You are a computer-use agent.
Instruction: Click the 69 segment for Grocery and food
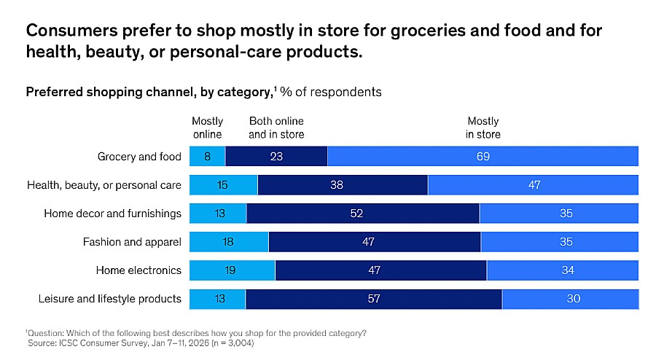(x=483, y=157)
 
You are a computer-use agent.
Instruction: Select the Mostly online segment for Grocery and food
(x=207, y=157)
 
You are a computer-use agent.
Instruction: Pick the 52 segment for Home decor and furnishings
(x=363, y=214)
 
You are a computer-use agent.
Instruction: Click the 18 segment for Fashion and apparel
(x=229, y=242)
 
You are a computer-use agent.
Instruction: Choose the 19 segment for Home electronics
(x=232, y=270)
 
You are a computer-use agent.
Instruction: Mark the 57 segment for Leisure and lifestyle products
(x=373, y=299)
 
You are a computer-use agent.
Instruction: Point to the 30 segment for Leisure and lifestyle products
(x=570, y=299)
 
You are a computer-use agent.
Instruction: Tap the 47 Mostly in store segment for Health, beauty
(x=533, y=185)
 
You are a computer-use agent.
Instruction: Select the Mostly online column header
(x=207, y=128)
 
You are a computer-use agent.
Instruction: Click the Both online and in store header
(x=276, y=128)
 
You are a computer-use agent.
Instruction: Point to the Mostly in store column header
(x=483, y=128)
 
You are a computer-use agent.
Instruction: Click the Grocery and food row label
(x=139, y=157)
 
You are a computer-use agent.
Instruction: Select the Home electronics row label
(x=138, y=270)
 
